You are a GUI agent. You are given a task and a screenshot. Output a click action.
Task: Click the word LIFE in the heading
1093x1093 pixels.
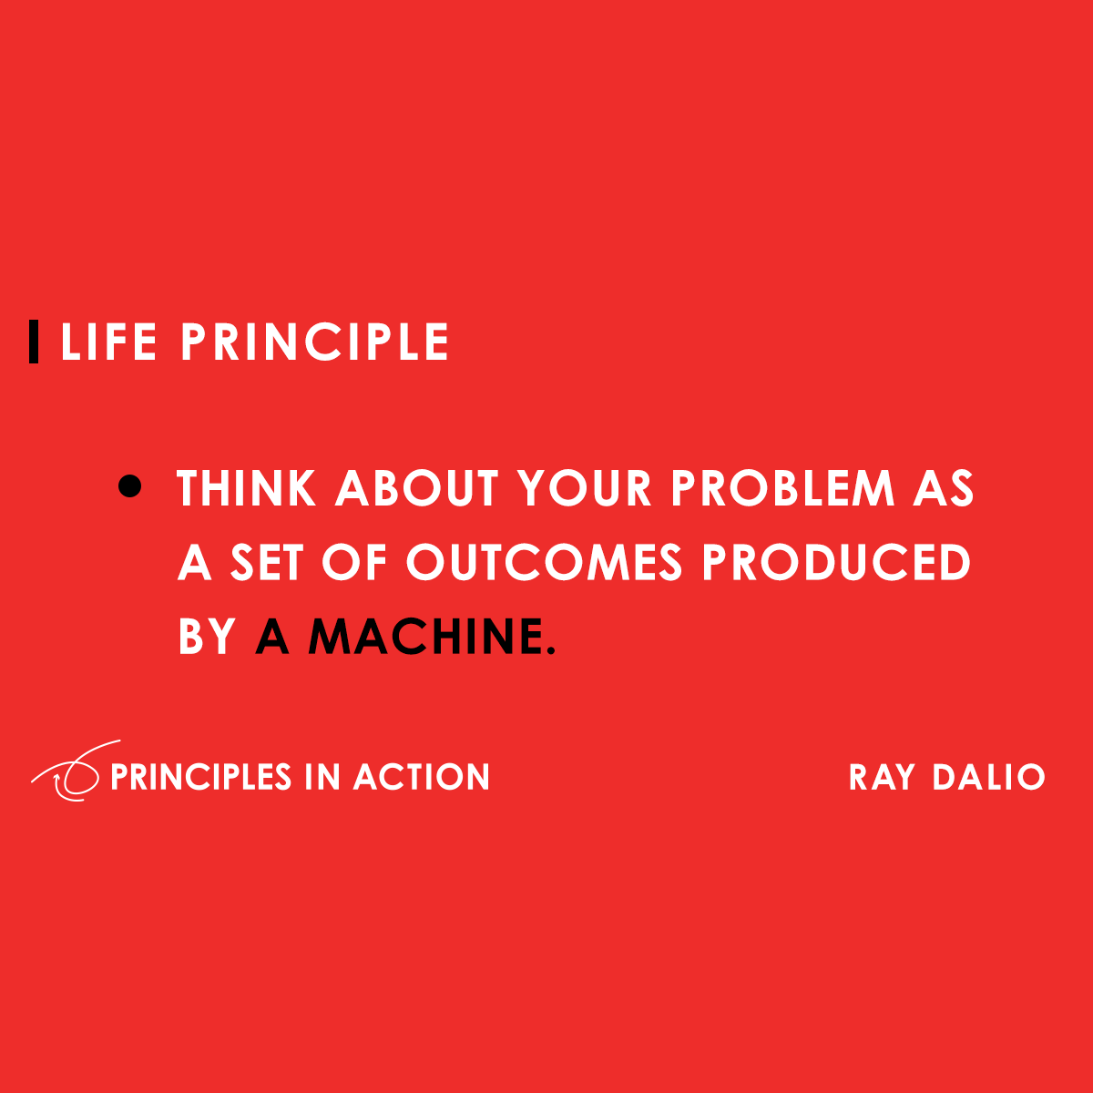pos(108,342)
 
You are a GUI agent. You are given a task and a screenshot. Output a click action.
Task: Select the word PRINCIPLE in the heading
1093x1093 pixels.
pos(314,342)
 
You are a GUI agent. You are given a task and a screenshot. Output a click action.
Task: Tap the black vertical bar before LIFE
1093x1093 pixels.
pos(35,342)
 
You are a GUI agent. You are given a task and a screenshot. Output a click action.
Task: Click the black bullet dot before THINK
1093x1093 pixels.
pos(130,487)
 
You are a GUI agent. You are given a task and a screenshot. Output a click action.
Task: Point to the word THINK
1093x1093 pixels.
pos(246,489)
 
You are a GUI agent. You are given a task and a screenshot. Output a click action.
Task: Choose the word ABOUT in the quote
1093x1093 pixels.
pos(417,489)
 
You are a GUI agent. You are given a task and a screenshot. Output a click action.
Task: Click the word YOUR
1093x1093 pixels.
pos(585,489)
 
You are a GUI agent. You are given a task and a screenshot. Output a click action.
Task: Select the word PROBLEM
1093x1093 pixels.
pos(783,489)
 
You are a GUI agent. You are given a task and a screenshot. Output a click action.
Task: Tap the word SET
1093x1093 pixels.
pos(268,562)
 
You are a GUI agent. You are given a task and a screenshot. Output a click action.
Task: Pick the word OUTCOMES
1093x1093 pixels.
pos(544,562)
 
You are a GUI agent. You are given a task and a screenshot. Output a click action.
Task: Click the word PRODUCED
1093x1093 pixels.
pos(836,562)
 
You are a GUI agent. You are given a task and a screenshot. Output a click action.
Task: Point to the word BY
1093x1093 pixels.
pos(208,636)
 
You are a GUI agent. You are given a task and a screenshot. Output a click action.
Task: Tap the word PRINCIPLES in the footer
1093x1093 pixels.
pos(200,777)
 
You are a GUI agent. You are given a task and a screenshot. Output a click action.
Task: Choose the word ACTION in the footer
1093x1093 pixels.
pos(422,777)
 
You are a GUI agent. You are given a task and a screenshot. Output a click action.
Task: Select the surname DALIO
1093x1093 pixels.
pos(988,778)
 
